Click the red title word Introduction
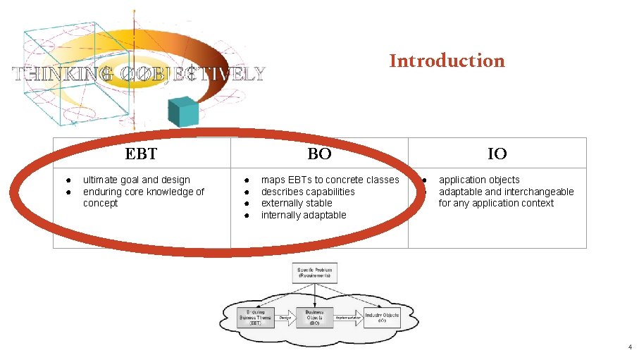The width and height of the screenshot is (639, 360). [447, 61]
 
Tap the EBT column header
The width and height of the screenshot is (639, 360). [141, 154]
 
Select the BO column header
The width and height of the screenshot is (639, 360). [319, 154]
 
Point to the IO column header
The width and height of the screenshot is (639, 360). [497, 154]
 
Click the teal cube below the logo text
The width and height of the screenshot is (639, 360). [182, 111]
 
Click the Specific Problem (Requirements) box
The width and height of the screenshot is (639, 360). [314, 273]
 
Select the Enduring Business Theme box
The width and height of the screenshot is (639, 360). [255, 318]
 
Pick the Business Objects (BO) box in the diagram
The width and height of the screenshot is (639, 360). [314, 318]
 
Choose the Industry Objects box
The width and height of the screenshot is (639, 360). [381, 318]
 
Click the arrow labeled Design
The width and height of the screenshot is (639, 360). [285, 318]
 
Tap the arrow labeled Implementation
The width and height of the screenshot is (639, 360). [348, 318]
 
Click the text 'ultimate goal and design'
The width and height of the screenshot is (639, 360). [136, 180]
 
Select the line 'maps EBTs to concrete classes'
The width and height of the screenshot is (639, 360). [330, 180]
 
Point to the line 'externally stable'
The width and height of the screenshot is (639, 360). [297, 203]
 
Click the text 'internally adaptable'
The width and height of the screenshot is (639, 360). [304, 215]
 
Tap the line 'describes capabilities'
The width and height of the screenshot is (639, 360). [308, 192]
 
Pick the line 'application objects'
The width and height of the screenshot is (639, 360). [479, 180]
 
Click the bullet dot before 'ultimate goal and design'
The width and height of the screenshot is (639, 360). [63, 180]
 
